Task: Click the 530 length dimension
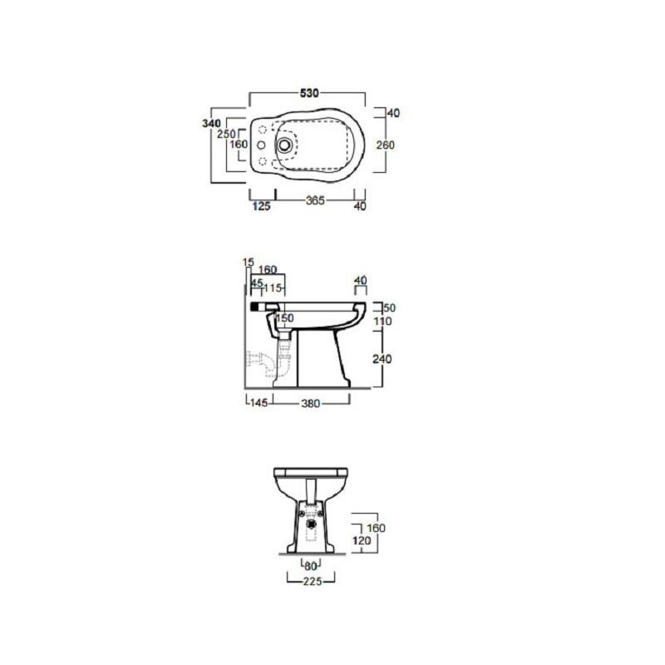pyautogui.click(x=309, y=93)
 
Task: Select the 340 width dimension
pyautogui.click(x=211, y=123)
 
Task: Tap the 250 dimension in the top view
pyautogui.click(x=226, y=134)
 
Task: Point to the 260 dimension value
pyautogui.click(x=385, y=145)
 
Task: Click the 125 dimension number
pyautogui.click(x=261, y=206)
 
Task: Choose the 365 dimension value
pyautogui.click(x=315, y=200)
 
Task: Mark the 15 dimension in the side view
pyautogui.click(x=248, y=263)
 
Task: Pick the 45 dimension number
pyautogui.click(x=257, y=283)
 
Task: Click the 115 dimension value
pyautogui.click(x=273, y=288)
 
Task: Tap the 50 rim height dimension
pyautogui.click(x=389, y=308)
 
